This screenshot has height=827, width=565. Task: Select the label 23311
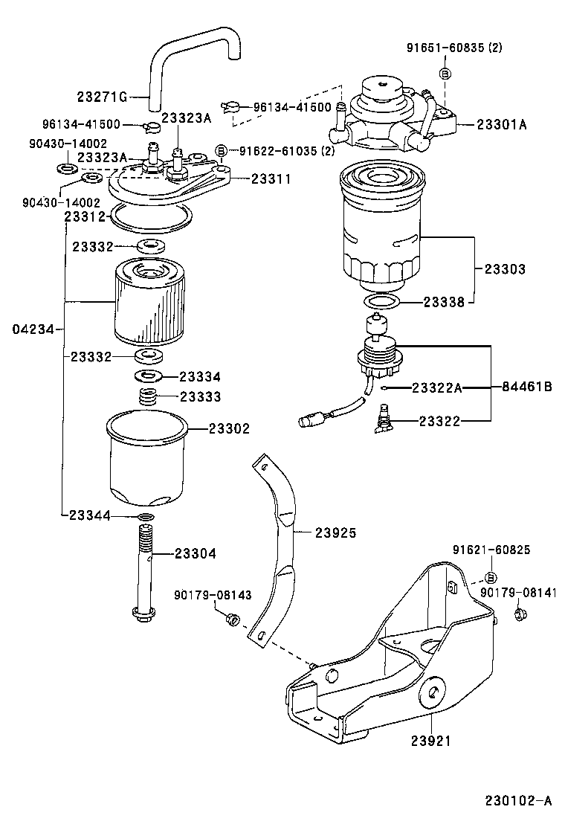click(271, 178)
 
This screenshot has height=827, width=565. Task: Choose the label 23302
click(229, 428)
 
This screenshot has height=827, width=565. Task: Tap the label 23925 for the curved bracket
click(335, 532)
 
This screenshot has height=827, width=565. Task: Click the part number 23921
click(430, 741)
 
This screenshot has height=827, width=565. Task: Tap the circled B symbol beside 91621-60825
click(491, 578)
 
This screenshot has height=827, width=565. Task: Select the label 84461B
click(527, 387)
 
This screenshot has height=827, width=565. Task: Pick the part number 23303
click(505, 268)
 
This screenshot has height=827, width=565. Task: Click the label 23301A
click(502, 125)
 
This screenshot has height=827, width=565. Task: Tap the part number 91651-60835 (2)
click(454, 48)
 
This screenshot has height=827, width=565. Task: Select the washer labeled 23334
click(149, 376)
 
